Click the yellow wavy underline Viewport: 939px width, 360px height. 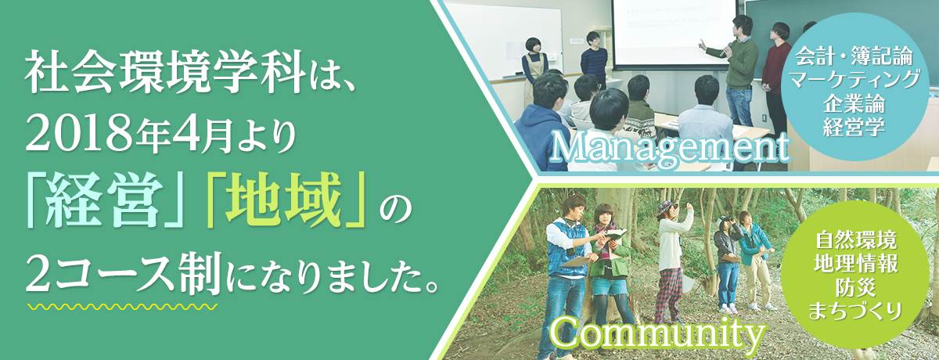[x=122, y=307]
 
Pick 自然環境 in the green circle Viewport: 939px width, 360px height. [x=855, y=240]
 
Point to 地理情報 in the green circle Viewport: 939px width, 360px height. [x=855, y=264]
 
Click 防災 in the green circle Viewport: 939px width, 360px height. [x=855, y=287]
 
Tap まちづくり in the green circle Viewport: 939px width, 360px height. [x=855, y=311]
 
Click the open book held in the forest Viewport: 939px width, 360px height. [x=616, y=234]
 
